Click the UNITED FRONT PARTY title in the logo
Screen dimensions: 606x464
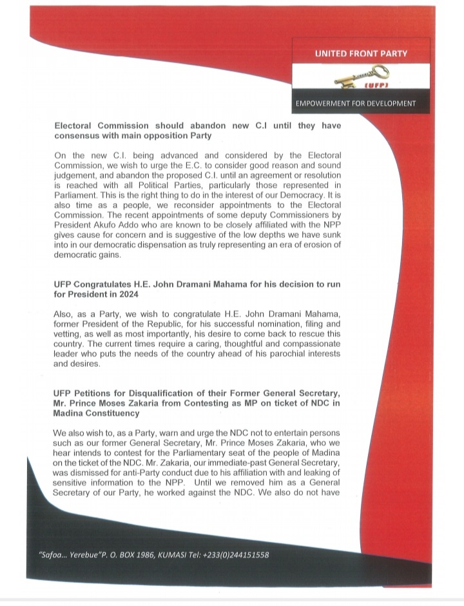coord(361,54)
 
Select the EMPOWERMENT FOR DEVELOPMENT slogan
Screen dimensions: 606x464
coord(355,103)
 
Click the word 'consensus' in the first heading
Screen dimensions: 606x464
coord(79,137)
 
